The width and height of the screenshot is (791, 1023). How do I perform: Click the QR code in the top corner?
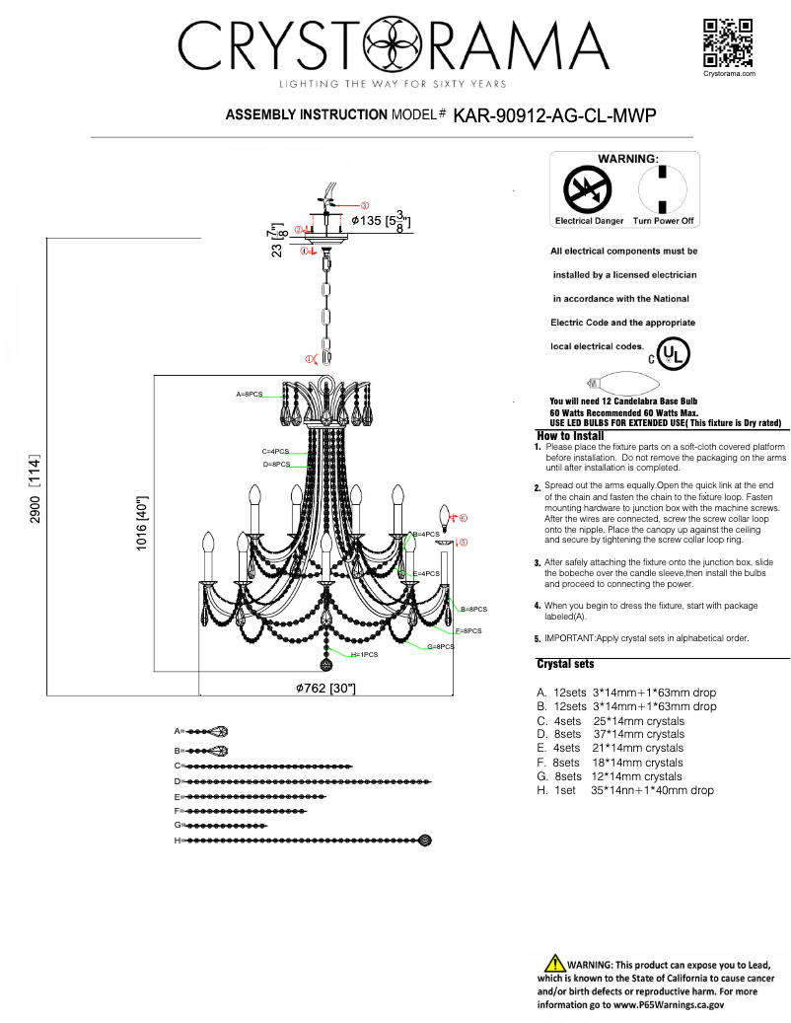(729, 42)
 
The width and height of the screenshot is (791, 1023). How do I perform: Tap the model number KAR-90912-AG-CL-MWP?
(554, 115)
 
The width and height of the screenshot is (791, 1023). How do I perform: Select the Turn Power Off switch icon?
(663, 188)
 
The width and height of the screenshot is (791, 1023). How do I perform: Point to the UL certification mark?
(675, 352)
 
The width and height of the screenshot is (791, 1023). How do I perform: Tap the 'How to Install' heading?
(570, 435)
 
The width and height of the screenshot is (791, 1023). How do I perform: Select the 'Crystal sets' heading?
(565, 664)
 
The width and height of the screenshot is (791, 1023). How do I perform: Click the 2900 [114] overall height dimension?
(36, 488)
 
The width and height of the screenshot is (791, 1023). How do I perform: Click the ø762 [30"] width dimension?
(325, 688)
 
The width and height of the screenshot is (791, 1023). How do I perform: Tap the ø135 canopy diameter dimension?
(374, 221)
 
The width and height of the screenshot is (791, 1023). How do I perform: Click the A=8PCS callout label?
(249, 394)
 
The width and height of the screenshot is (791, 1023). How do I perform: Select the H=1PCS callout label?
(364, 654)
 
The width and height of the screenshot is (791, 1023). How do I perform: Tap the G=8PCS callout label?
(440, 646)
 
